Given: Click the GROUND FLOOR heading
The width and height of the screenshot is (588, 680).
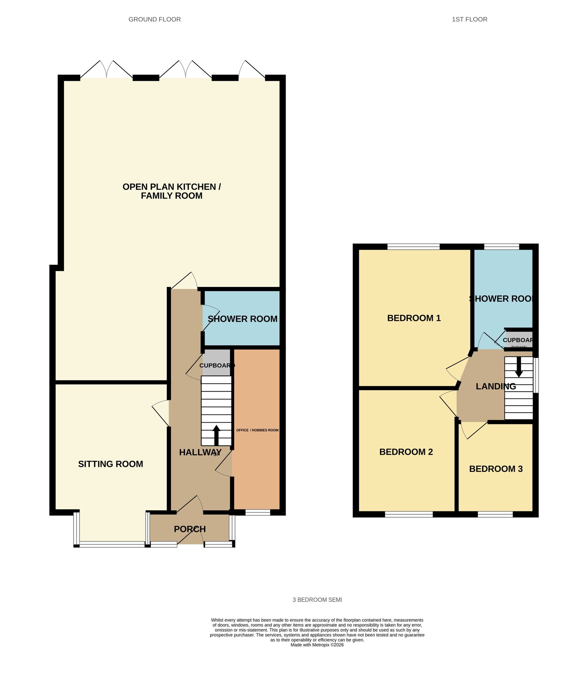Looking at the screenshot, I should click(x=154, y=19).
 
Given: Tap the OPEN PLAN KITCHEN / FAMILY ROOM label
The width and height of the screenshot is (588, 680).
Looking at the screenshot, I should click(x=171, y=191).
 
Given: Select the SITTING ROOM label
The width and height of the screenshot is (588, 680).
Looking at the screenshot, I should click(x=110, y=464).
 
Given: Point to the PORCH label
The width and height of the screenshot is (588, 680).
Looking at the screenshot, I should click(x=190, y=529).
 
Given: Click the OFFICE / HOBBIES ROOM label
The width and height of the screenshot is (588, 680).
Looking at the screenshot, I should click(x=257, y=430).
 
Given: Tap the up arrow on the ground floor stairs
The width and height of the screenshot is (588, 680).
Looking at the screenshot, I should click(x=216, y=435).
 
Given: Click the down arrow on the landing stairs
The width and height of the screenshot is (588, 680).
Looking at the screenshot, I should click(x=518, y=367).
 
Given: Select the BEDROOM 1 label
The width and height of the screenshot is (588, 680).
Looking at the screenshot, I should click(x=414, y=318).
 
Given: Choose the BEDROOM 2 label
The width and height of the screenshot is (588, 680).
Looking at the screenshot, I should click(x=406, y=452).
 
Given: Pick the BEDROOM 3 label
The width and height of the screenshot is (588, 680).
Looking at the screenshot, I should click(x=496, y=469).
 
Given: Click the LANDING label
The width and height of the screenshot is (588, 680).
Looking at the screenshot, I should click(x=496, y=386).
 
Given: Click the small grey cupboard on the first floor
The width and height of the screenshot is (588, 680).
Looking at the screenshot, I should click(x=518, y=340).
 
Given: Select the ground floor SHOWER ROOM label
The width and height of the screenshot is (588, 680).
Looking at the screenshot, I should click(x=242, y=319).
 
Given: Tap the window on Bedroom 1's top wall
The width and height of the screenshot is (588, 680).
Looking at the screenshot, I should click(x=413, y=247).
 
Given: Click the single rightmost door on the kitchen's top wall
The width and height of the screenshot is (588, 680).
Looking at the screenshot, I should click(x=252, y=70).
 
